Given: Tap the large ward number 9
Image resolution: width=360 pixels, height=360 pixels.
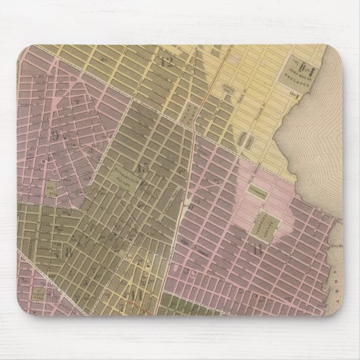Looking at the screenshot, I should click(x=56, y=134).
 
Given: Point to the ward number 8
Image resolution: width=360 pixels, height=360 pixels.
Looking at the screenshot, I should click(x=69, y=249).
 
